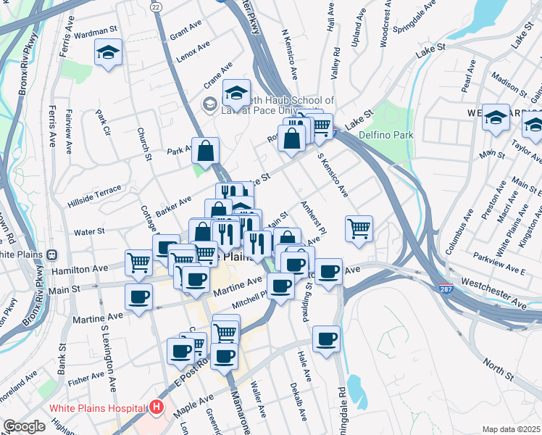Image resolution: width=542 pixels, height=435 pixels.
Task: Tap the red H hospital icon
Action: pos(156,407)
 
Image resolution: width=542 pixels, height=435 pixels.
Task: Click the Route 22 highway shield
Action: pos(155,6)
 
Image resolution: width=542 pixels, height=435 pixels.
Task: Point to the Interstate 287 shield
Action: pos(446,289)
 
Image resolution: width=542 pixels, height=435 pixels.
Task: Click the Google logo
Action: pos(24,426)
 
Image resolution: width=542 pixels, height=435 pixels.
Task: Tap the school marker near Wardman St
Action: pos(108,53)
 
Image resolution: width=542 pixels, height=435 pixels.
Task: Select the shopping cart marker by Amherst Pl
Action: pos(359,229)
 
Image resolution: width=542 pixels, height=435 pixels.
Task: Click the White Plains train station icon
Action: pos(52,254)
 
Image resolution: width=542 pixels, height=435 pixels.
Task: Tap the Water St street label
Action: pos(90,231)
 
